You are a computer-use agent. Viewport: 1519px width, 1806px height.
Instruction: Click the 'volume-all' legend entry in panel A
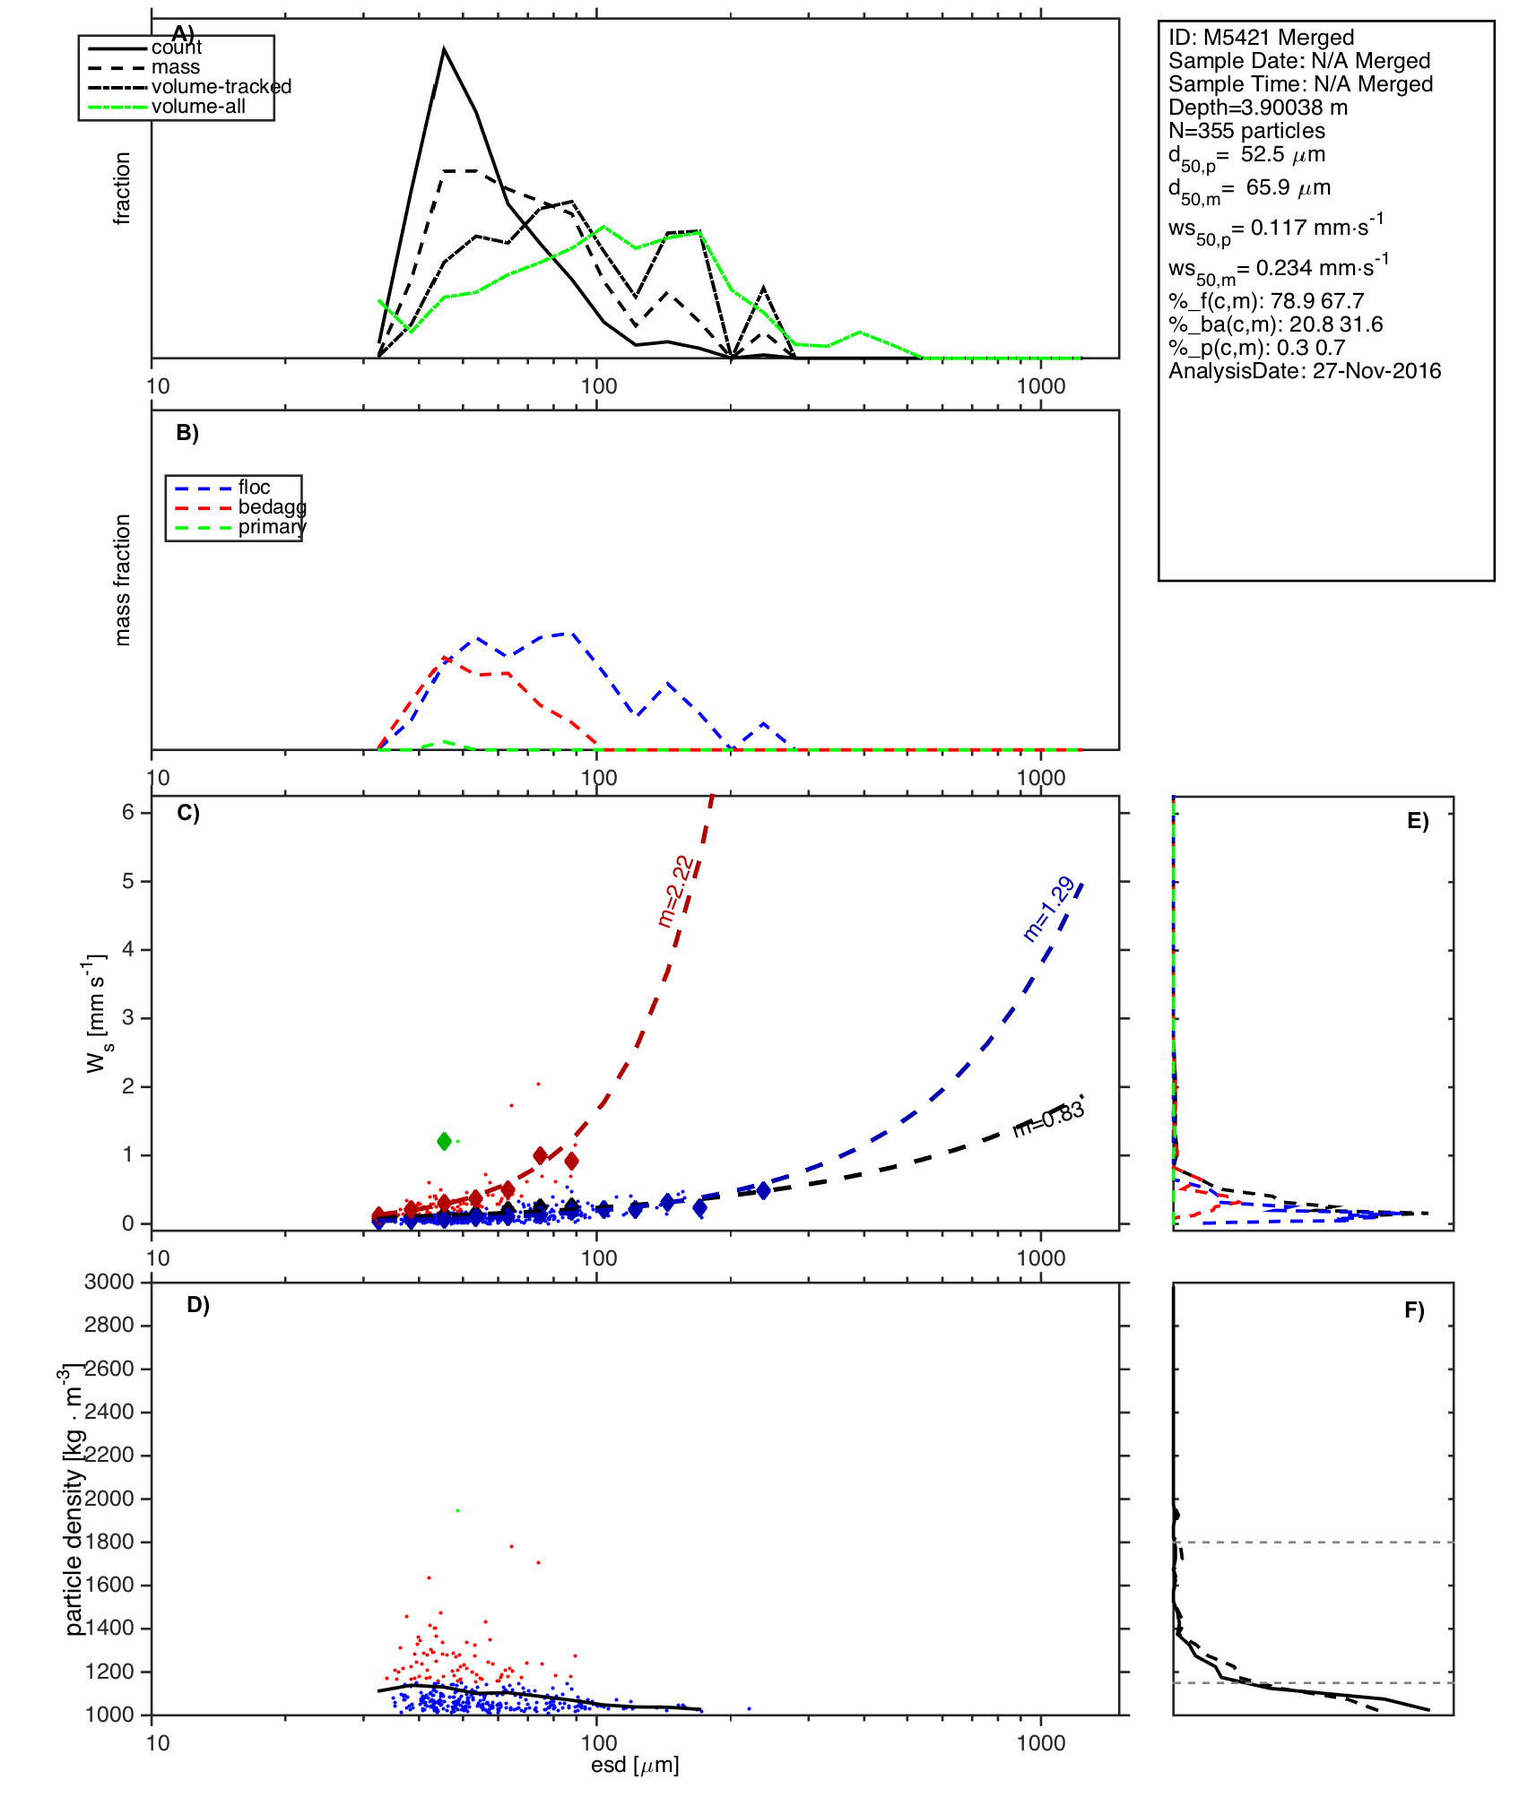198,107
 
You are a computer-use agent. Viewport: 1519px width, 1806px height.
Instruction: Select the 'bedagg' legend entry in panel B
272,507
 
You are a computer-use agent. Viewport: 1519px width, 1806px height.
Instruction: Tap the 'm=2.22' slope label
675,891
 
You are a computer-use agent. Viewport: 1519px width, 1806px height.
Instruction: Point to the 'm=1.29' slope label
1048,909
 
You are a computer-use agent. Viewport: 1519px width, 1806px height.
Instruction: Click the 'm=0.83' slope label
1048,1120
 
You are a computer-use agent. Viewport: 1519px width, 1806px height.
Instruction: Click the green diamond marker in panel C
444,1141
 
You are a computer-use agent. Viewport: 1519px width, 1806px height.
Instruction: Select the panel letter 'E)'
1417,822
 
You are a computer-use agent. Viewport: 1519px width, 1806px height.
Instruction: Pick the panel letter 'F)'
1414,1310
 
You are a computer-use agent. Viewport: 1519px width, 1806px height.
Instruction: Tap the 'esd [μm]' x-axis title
635,1765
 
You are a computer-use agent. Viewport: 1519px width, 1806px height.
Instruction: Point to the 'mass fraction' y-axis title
123,580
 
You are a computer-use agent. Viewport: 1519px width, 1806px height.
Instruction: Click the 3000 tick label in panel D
109,1282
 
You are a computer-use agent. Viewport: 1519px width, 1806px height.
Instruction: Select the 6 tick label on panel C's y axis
128,812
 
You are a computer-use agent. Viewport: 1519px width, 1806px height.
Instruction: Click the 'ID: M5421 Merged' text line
1261,38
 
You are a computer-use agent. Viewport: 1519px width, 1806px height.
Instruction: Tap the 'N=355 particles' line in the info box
1246,131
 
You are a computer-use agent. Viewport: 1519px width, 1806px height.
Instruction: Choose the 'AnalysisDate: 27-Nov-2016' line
1305,371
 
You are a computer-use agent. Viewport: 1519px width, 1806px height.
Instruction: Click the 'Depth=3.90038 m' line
1258,108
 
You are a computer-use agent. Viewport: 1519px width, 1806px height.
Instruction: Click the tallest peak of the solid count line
444,49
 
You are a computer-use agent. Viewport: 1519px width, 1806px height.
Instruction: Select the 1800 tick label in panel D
109,1542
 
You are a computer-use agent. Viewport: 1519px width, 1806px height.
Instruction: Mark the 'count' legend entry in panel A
177,48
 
